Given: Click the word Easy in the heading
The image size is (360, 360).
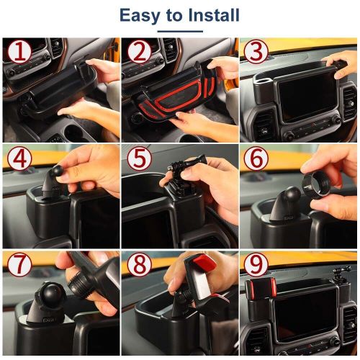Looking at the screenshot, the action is pos(140,16).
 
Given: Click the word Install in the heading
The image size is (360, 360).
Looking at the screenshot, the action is pos(214,15).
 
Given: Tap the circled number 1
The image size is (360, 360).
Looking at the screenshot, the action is pos(19,53).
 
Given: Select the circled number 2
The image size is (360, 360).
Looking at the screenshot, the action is pos(139,53).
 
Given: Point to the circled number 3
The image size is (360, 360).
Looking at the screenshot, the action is pos(256,52).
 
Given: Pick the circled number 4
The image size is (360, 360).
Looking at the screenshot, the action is pos(19,158).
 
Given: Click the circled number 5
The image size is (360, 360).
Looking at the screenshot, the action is pos(139,158).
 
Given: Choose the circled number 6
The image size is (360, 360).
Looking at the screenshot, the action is pos(256,158).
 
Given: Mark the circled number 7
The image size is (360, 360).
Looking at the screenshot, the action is pos(19,264).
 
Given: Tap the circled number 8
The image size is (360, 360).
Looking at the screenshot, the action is pos(139,264).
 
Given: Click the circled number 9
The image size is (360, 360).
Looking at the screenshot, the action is pos(256,264).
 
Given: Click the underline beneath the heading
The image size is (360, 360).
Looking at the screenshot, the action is pos(180,31).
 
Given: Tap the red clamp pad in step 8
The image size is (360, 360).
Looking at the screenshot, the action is pos(204,262).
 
